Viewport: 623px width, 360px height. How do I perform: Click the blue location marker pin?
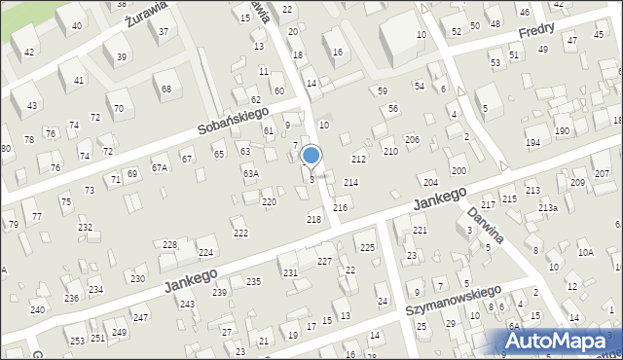311,157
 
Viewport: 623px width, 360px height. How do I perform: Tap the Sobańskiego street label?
206,121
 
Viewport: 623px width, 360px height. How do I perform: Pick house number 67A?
159,167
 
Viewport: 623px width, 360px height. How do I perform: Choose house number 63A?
250,173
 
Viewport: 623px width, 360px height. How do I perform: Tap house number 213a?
548,207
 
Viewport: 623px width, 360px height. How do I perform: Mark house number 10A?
585,252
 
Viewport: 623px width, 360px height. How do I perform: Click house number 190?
561,130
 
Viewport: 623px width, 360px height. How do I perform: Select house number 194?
532,143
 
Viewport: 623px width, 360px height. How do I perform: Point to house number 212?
358,158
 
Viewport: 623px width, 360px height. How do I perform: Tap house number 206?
412,140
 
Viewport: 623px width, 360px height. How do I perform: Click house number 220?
269,201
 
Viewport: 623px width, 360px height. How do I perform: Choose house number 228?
169,244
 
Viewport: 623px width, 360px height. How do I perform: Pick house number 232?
86,227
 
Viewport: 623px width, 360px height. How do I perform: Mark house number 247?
140,317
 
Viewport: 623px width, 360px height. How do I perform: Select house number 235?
253,281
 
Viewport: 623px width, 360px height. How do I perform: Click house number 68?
166,90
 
